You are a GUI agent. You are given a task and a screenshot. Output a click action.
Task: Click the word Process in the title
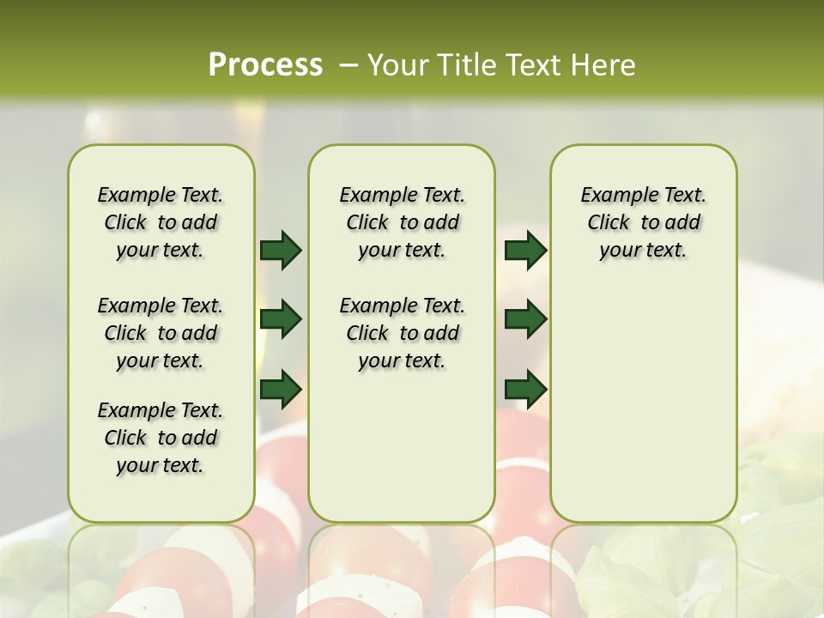coord(265,65)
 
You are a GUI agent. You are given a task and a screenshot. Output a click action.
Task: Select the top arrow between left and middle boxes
coord(281,250)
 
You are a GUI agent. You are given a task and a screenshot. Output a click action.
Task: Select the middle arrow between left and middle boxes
coord(281,319)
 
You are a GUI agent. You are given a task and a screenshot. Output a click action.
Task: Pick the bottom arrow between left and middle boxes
coord(281,389)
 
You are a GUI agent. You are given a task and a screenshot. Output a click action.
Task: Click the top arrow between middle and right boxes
coord(525,250)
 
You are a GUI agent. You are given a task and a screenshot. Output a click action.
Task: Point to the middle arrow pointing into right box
coord(525,319)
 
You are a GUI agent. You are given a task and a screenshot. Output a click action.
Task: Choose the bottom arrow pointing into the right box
coord(525,389)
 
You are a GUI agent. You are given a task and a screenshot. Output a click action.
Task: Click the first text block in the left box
coord(161,222)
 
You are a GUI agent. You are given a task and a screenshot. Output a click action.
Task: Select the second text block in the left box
coord(161,333)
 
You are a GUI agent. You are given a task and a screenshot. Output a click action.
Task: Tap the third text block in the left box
coord(161,438)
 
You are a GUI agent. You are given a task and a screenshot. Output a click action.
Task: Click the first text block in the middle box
coord(403,222)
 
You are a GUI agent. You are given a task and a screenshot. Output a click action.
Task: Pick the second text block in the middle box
coord(403,333)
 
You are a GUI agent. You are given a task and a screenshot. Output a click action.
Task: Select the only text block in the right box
coord(644,222)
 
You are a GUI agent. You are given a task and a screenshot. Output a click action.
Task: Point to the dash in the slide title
coord(348,65)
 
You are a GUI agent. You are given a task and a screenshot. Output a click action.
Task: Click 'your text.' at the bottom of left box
coord(160,465)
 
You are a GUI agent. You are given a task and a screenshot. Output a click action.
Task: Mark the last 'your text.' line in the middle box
coord(402,360)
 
